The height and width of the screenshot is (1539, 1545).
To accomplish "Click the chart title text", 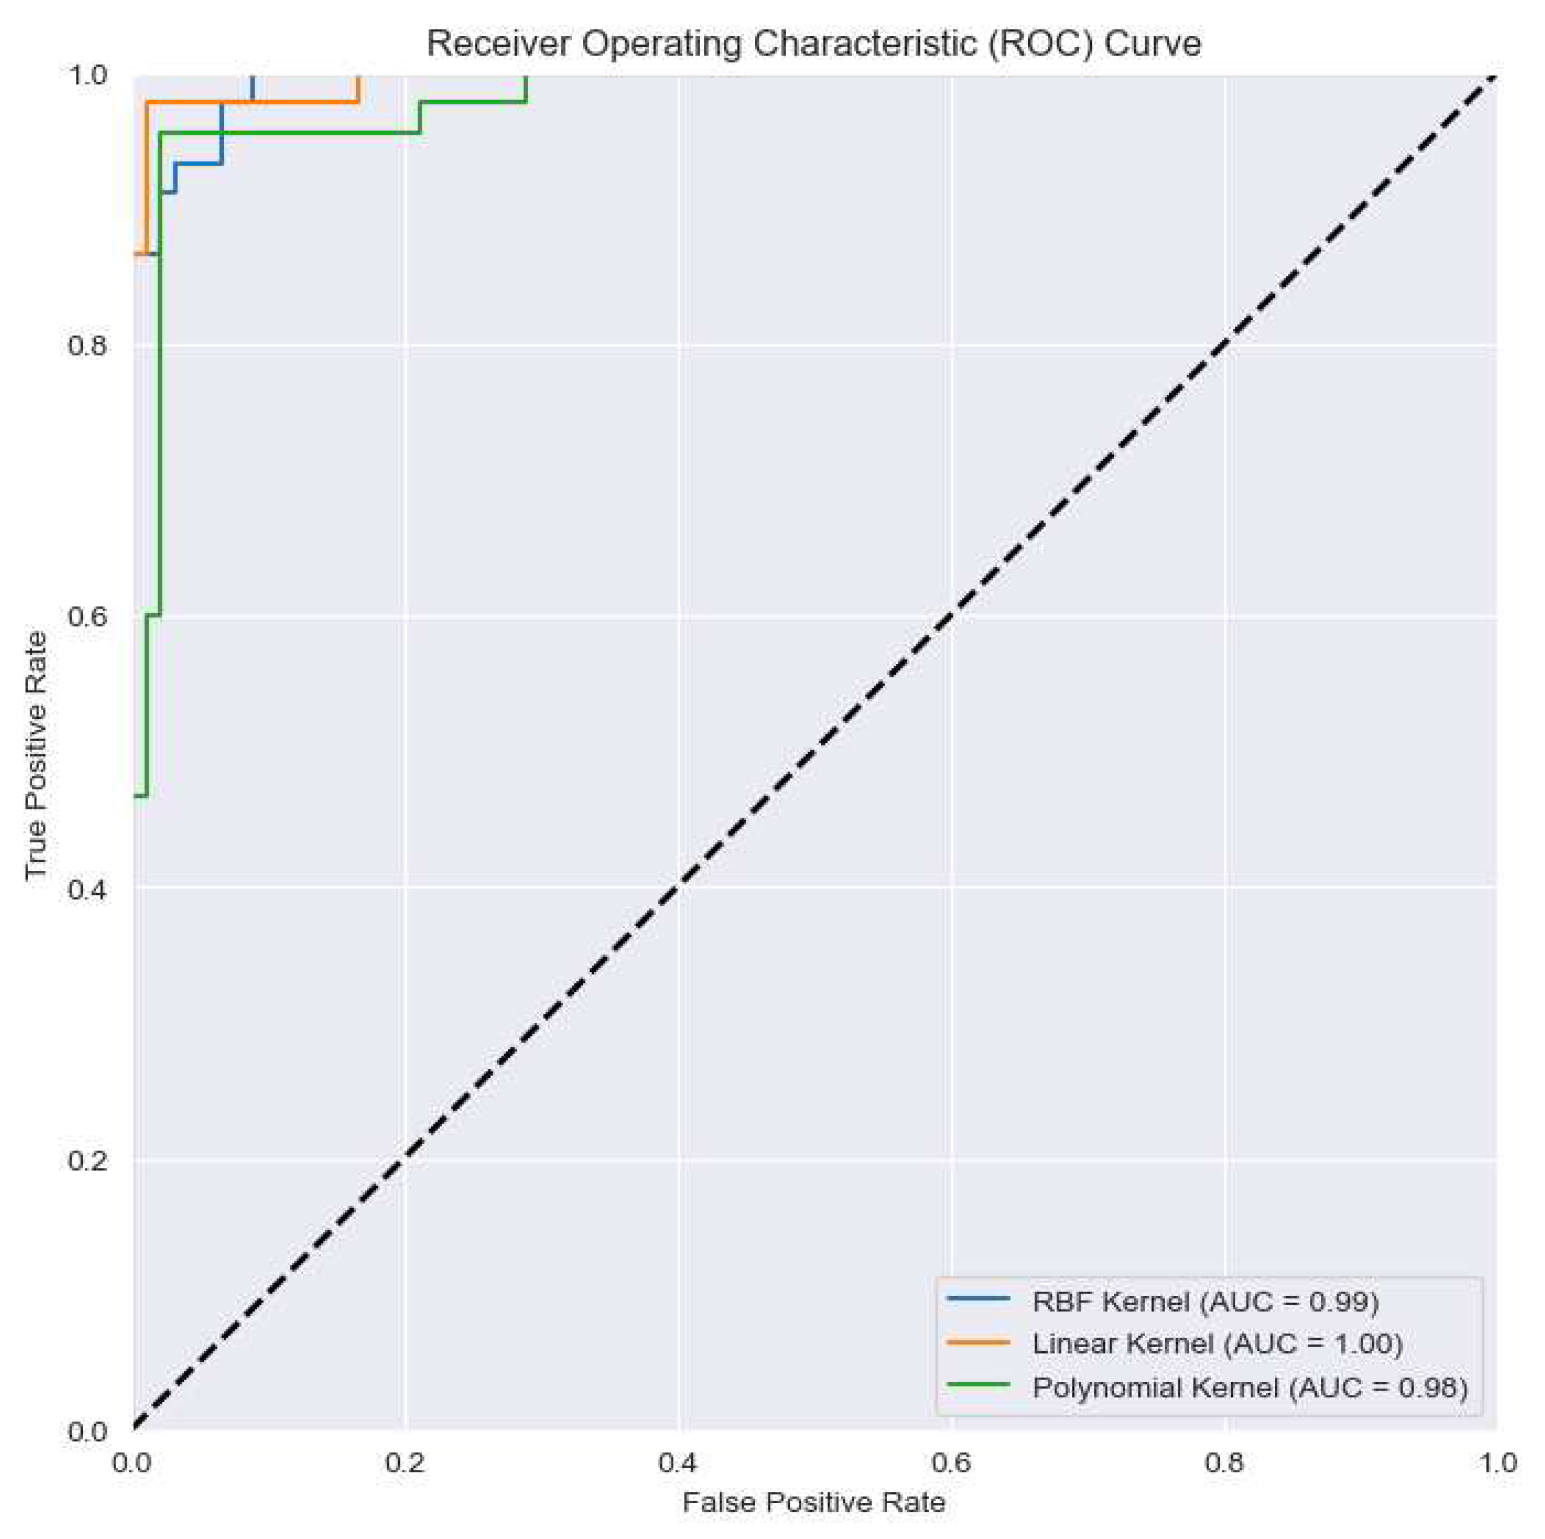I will pos(813,44).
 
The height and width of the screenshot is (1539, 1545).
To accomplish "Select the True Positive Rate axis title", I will pos(35,755).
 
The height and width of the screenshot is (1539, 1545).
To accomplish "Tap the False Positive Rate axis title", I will pos(813,1502).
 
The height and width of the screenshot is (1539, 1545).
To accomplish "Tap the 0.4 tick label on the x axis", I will pos(678,1463).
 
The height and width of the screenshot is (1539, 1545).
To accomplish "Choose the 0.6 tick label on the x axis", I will pos(951,1463).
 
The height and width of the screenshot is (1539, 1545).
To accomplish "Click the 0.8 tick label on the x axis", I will pos(1224,1463).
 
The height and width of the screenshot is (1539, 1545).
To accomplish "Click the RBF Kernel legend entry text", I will pos(1205,1302).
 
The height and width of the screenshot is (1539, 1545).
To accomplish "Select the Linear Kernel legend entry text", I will pos(1217,1344).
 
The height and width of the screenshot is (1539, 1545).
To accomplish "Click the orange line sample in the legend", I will pos(978,1342).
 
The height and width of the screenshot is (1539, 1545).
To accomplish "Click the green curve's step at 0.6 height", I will pos(153,615).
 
